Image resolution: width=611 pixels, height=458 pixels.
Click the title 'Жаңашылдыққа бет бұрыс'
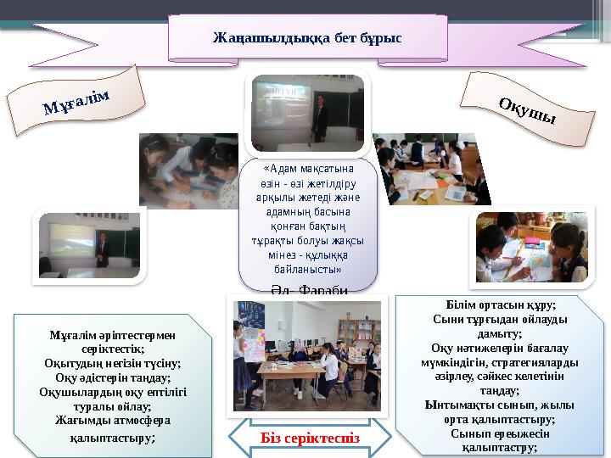pos(307,38)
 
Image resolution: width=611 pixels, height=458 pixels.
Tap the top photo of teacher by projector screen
pos(307,109)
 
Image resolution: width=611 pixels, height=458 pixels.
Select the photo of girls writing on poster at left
pos(191,170)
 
